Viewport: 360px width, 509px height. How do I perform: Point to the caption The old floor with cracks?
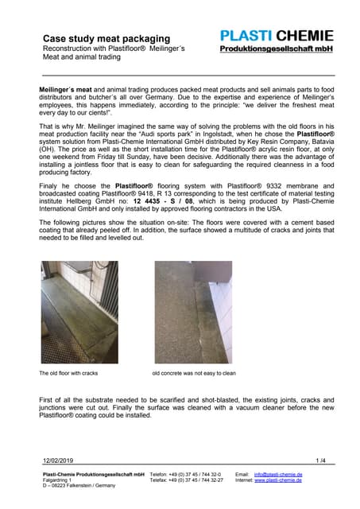[69, 372]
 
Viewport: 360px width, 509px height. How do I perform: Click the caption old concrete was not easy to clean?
[194, 372]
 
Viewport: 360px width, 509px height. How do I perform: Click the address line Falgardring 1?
[56, 480]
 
